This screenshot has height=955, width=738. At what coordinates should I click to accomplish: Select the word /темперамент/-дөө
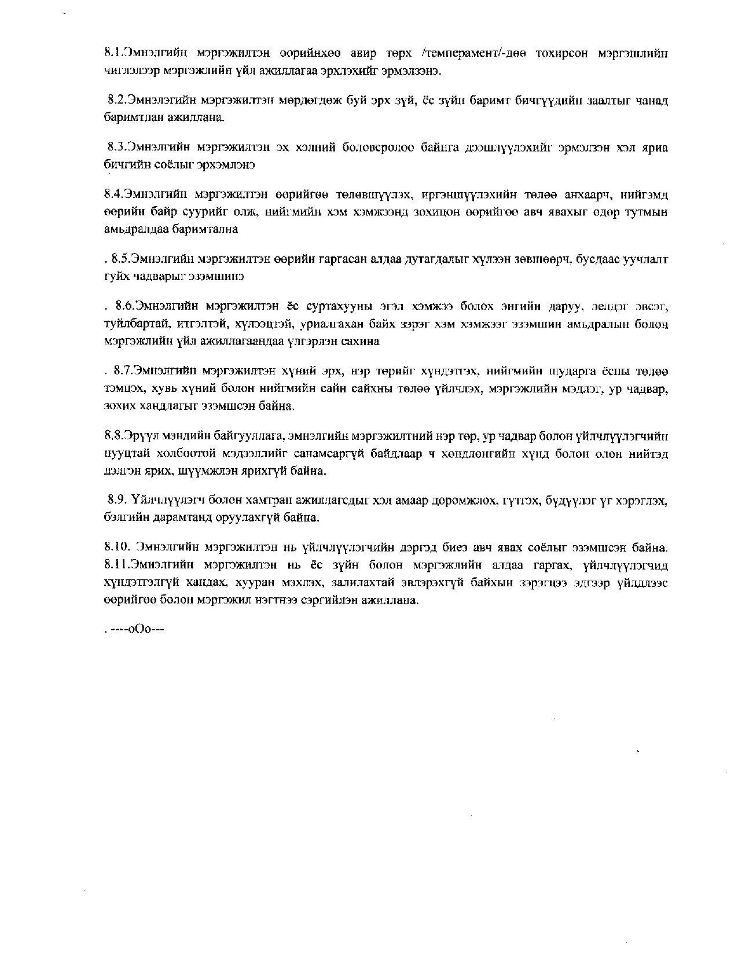tap(471, 54)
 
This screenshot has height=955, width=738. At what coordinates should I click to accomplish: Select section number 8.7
tap(123, 370)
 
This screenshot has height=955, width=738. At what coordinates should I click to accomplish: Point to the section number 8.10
tap(118, 546)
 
